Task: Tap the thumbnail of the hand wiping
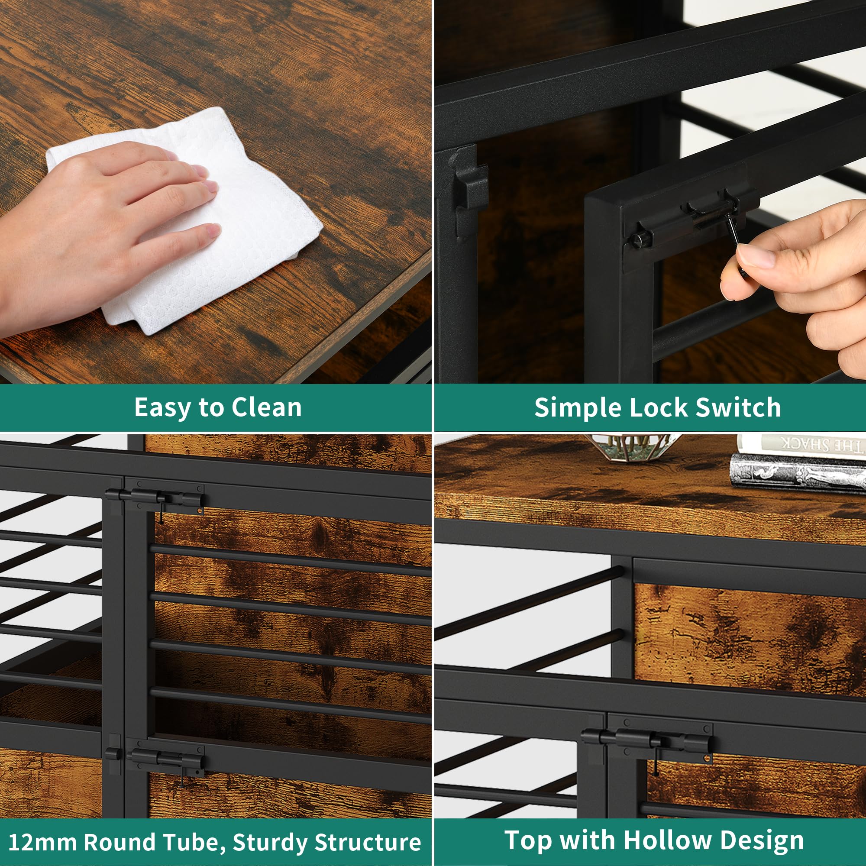[216, 192]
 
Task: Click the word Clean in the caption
[266, 407]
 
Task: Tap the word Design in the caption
[763, 840]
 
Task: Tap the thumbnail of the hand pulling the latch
[650, 192]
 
